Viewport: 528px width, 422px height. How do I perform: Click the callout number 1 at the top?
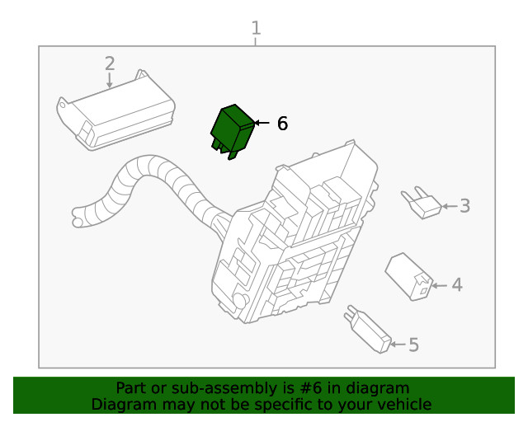(x=256, y=28)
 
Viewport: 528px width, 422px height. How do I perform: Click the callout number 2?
(x=110, y=63)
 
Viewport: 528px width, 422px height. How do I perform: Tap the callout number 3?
(x=464, y=205)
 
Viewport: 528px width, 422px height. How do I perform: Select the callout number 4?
(x=457, y=284)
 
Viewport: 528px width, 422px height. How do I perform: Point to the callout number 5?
(x=413, y=345)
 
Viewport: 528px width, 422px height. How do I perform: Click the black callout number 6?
(x=282, y=123)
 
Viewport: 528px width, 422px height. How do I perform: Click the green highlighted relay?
(x=233, y=132)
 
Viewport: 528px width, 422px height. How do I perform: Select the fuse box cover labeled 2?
(x=115, y=110)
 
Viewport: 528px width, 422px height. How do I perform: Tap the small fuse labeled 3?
(x=422, y=203)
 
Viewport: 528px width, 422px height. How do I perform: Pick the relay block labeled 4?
(x=409, y=276)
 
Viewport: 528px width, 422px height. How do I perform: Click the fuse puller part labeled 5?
(x=368, y=330)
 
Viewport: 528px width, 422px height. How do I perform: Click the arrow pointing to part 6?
(x=262, y=123)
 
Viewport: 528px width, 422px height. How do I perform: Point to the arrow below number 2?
(x=110, y=80)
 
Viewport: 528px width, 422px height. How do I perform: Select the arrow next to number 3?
(x=450, y=206)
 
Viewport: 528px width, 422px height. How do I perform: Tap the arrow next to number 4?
(x=440, y=285)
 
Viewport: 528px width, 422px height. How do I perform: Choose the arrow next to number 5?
(x=398, y=345)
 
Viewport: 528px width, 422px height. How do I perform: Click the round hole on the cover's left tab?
(x=63, y=105)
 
